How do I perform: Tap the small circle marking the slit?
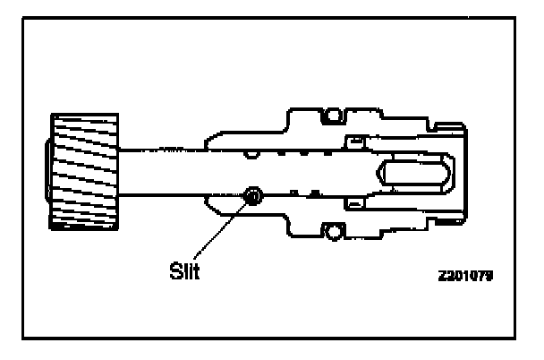pos(252,196)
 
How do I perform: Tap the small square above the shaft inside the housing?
pos(354,140)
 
